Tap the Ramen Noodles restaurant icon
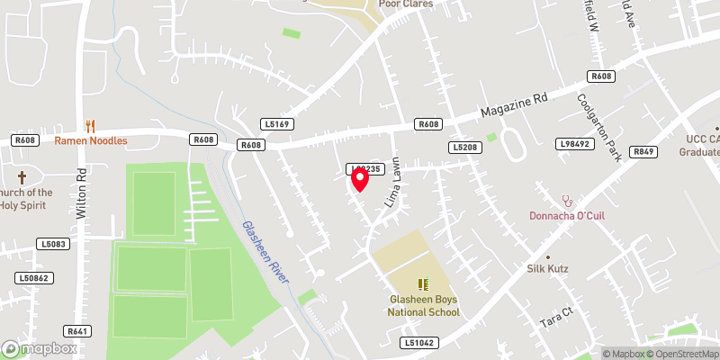(90, 126)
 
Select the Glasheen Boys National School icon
(423, 284)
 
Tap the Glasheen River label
(265, 253)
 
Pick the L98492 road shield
(574, 143)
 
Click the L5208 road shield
(464, 147)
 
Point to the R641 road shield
(77, 331)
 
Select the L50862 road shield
(31, 278)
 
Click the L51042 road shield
(420, 342)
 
